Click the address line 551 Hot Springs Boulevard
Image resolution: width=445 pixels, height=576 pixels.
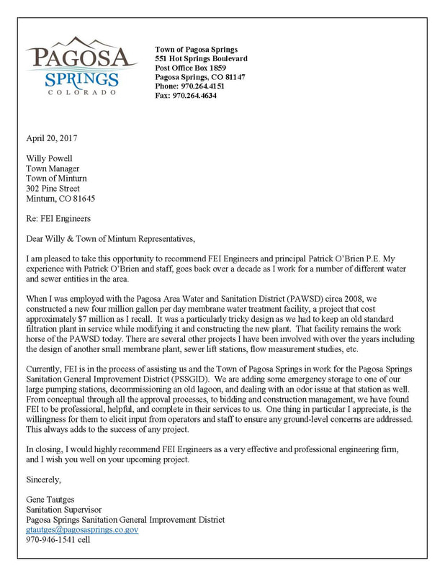click(x=201, y=58)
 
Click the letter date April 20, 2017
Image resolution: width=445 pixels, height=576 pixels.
click(x=53, y=137)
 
